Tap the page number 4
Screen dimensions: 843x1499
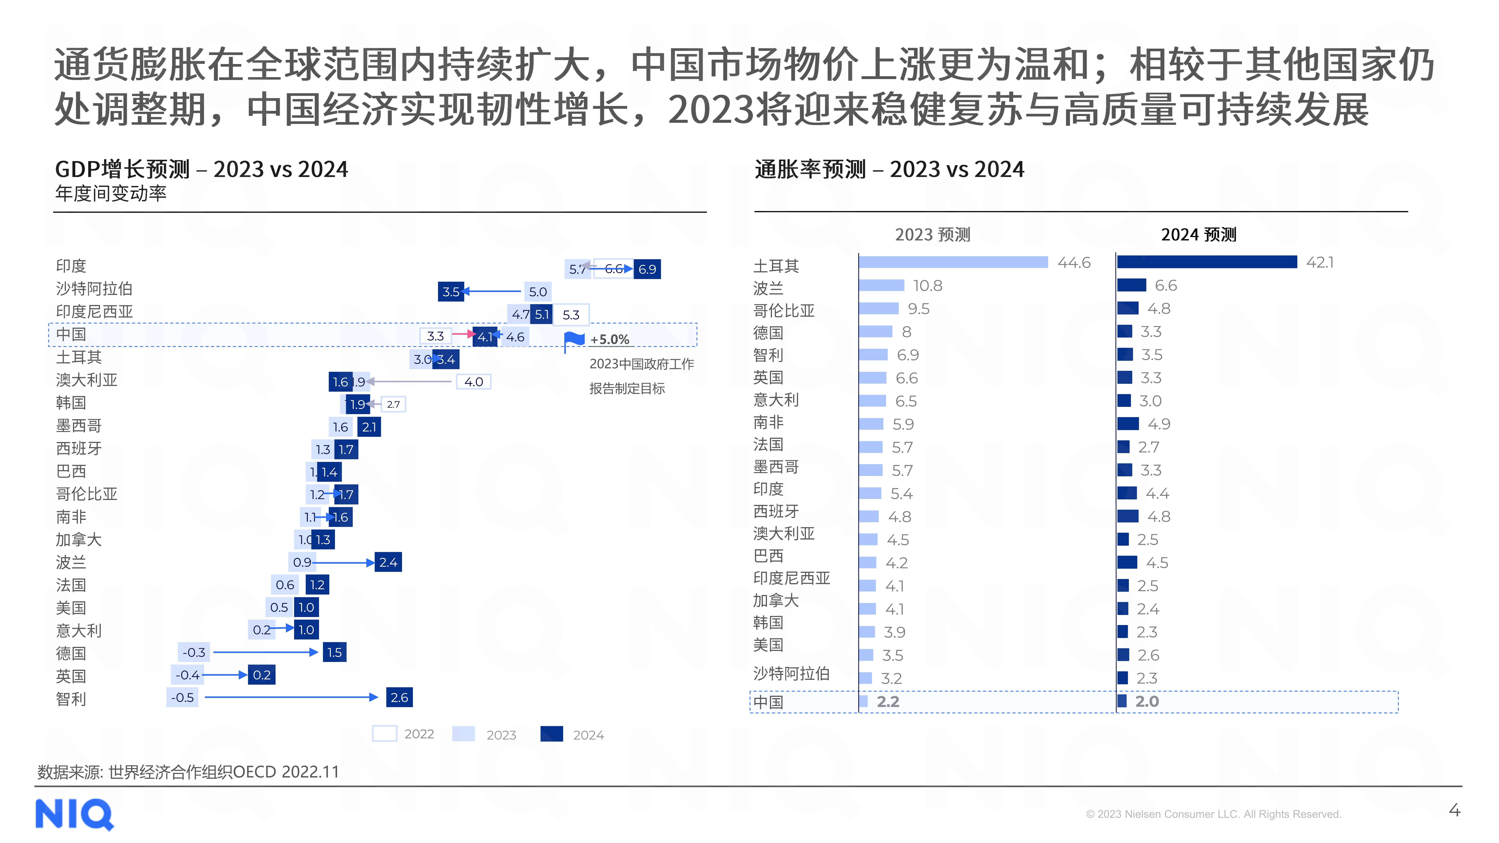point(1454,810)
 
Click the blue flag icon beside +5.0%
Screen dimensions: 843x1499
point(574,340)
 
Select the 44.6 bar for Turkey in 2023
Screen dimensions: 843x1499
point(953,262)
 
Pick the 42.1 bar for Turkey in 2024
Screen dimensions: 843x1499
point(1207,262)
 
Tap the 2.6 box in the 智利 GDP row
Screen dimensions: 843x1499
point(399,698)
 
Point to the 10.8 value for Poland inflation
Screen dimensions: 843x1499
point(928,286)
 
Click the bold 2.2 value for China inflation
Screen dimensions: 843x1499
point(888,702)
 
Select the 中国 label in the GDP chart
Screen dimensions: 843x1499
point(71,334)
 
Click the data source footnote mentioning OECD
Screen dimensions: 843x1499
point(188,772)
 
